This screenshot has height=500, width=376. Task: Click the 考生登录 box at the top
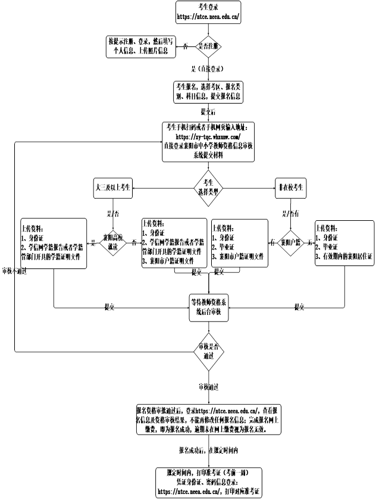[x=208, y=12]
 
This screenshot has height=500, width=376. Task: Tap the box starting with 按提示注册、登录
[x=140, y=46]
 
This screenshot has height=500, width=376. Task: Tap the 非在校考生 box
[x=292, y=187]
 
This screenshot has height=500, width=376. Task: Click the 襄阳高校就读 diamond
[x=111, y=243]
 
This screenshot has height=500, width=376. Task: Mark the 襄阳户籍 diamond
[x=290, y=243]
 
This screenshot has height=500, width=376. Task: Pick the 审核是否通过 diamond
[x=208, y=349]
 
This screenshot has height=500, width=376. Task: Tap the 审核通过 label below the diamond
[x=209, y=387]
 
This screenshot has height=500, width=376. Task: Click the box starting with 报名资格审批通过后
[x=208, y=420]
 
